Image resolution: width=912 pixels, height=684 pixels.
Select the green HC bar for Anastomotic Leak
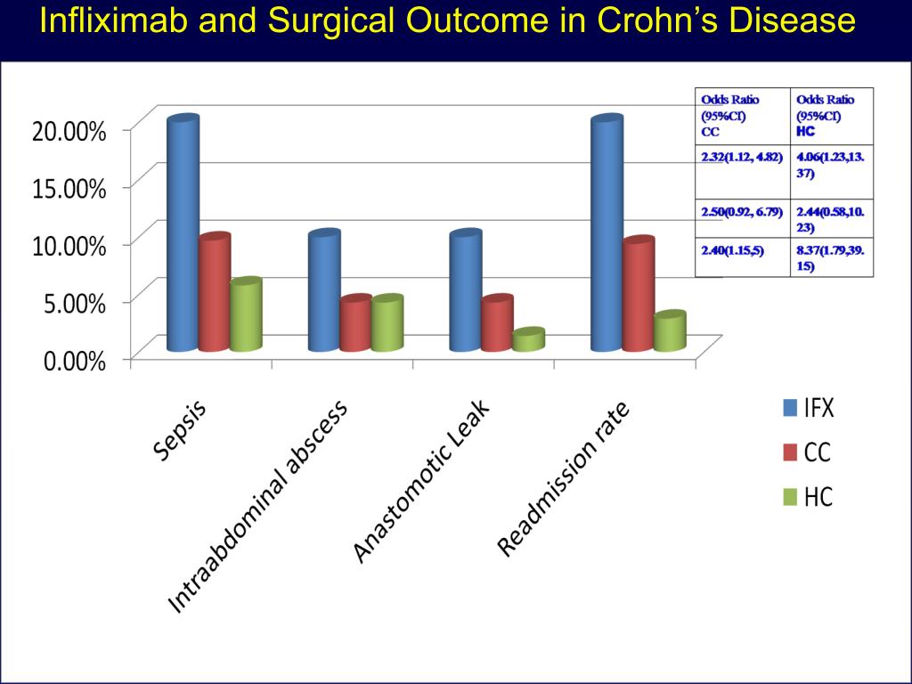tap(528, 340)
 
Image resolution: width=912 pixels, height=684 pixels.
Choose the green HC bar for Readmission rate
tap(669, 331)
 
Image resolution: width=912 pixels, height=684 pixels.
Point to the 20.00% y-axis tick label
tap(69, 130)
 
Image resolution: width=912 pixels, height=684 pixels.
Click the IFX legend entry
tap(808, 409)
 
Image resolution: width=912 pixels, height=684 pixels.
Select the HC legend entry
tap(808, 497)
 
